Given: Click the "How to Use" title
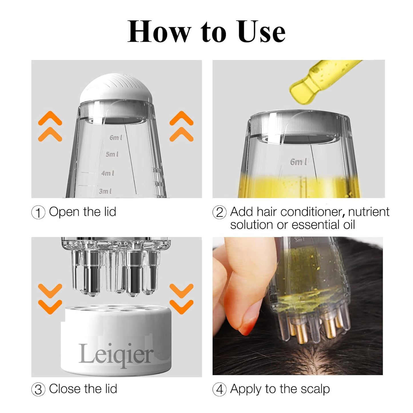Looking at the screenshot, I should pyautogui.click(x=206, y=31).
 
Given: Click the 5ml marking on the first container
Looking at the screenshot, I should pyautogui.click(x=112, y=154).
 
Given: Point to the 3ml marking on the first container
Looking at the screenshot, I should pyautogui.click(x=105, y=191).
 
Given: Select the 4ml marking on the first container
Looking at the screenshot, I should pyautogui.click(x=108, y=173).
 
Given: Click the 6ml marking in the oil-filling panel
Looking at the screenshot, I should pyautogui.click(x=299, y=162).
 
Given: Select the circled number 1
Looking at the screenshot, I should pyautogui.click(x=38, y=213).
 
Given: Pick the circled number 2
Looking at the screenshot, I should pyautogui.click(x=220, y=213).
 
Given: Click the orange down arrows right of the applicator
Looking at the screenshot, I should pyautogui.click(x=181, y=299).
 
